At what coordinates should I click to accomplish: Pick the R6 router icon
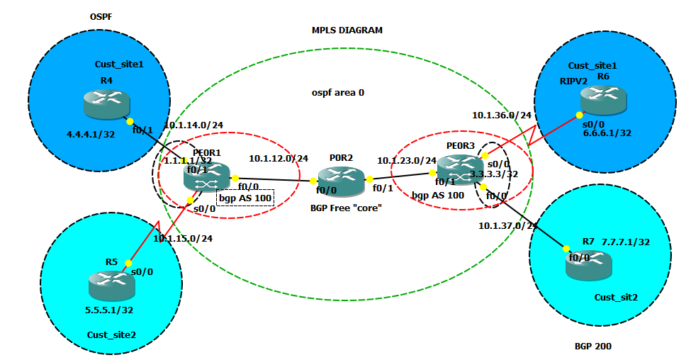point(603,100)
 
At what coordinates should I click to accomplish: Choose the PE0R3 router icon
point(460,170)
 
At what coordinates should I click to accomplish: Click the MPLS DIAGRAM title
point(347,30)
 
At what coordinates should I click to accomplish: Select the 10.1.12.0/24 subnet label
point(279,158)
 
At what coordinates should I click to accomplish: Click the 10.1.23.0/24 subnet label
point(407,161)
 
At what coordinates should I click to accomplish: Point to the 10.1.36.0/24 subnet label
point(502,114)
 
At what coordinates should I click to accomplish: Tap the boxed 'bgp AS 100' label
point(245,198)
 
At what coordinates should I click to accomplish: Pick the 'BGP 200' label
point(592,347)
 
